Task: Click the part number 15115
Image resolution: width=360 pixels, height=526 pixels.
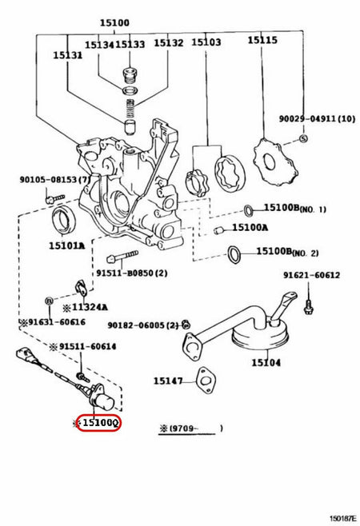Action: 262,39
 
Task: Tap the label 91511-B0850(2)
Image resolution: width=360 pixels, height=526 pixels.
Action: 133,273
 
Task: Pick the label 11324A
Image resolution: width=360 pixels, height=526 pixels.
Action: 90,305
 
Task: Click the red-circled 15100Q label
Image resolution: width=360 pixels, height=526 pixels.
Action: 98,422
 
